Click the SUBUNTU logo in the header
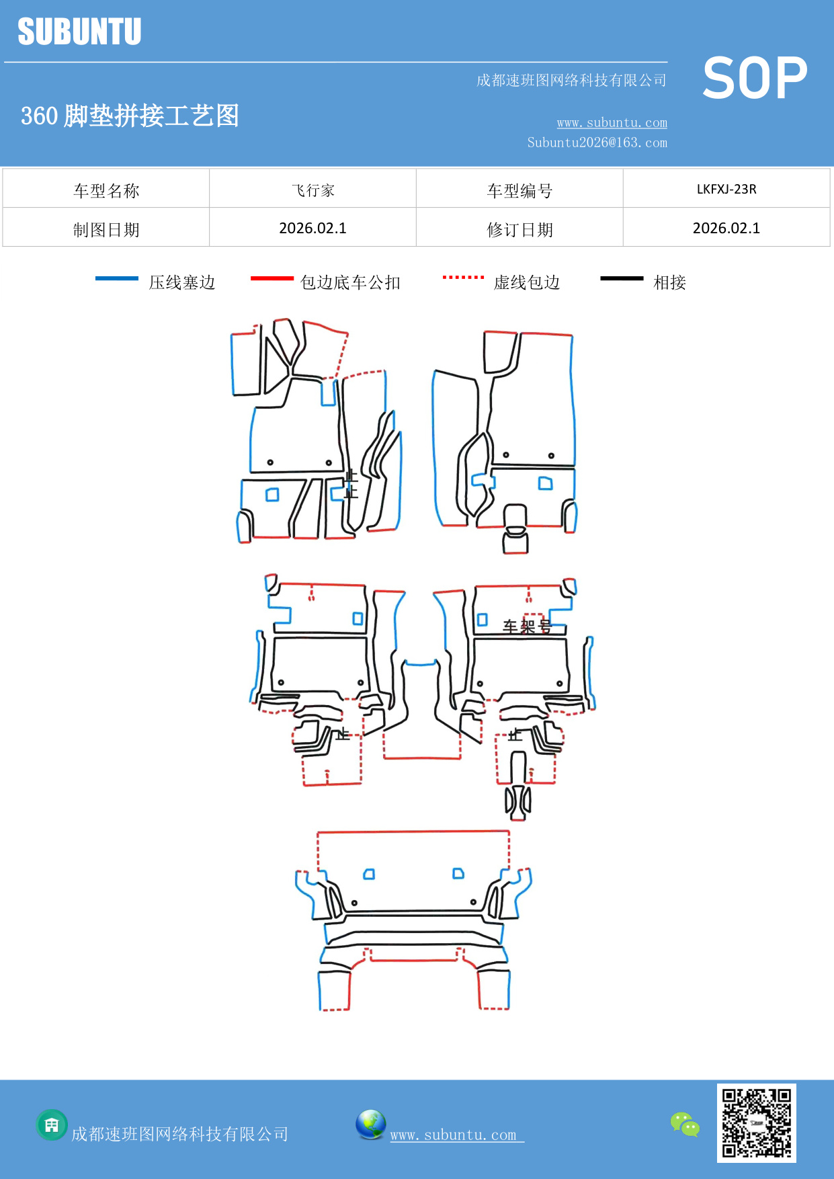(x=79, y=32)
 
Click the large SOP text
(x=755, y=78)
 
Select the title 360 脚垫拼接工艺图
(x=130, y=116)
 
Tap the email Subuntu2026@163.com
(x=597, y=143)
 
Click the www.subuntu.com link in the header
(x=612, y=122)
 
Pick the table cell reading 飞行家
(x=312, y=190)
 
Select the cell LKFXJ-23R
(x=726, y=189)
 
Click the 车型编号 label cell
(x=519, y=191)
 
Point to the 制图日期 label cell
(x=106, y=230)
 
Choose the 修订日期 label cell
(x=519, y=230)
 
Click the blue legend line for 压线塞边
(x=116, y=278)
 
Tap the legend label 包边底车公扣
(x=350, y=282)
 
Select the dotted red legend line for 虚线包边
(x=463, y=277)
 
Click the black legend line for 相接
(x=622, y=278)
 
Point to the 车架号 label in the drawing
(x=526, y=626)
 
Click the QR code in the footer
(x=756, y=1123)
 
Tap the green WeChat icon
(x=685, y=1124)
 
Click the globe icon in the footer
(x=370, y=1124)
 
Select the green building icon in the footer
(x=52, y=1125)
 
